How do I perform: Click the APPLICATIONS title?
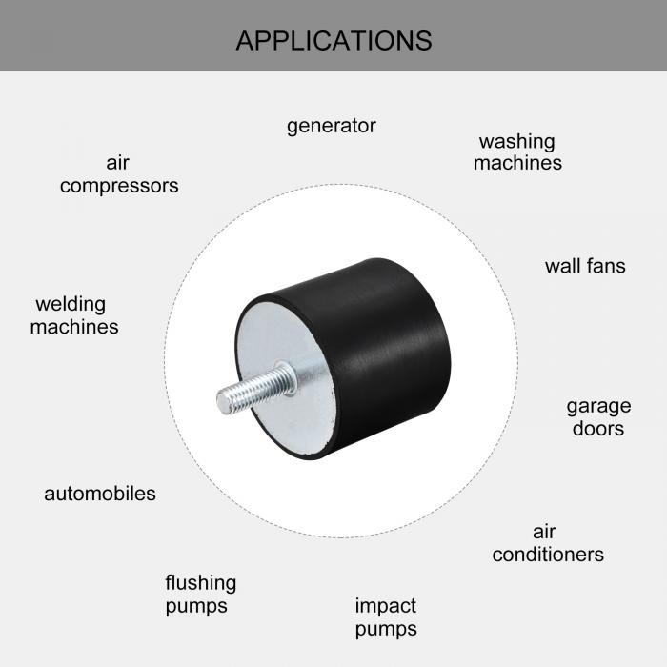(333, 41)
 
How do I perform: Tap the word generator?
(332, 127)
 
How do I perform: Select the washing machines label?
(517, 152)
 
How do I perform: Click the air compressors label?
(119, 174)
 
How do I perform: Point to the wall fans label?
(585, 266)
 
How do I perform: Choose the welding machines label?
(74, 315)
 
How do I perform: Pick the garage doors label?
(598, 417)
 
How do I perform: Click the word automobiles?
(100, 494)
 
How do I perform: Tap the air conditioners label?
(548, 544)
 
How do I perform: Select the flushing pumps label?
(201, 595)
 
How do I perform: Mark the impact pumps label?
(386, 617)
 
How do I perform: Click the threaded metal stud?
(256, 388)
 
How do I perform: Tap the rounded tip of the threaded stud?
(223, 403)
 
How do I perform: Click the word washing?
(517, 143)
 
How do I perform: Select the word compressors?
(119, 186)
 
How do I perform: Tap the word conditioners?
(548, 555)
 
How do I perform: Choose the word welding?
(71, 305)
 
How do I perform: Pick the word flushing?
(201, 583)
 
